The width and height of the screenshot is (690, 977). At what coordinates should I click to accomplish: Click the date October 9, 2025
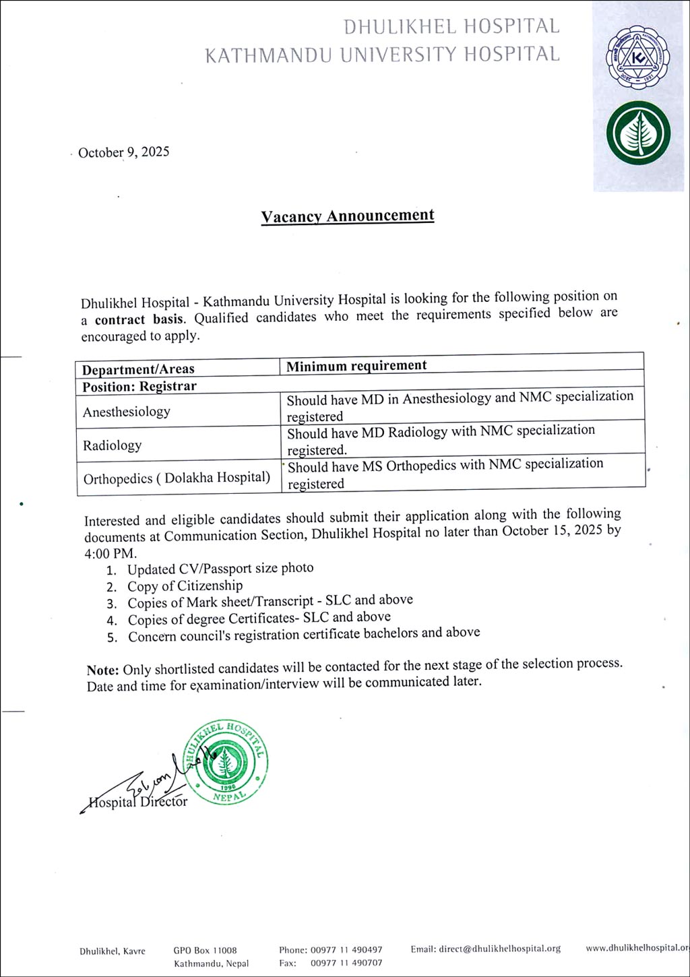tap(123, 152)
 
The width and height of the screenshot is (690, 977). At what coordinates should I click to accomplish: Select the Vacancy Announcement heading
tap(348, 216)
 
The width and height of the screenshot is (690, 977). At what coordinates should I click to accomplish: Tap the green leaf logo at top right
tap(638, 133)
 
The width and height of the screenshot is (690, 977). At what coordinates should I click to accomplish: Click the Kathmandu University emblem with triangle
tap(637, 61)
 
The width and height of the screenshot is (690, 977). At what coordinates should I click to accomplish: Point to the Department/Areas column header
tap(138, 369)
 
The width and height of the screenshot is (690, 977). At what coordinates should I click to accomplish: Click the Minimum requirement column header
tap(356, 366)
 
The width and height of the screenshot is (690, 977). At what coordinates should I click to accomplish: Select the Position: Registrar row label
tap(139, 387)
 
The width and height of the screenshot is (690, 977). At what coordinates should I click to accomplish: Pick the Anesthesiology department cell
tap(127, 412)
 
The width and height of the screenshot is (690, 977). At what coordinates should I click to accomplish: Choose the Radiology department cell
tap(113, 445)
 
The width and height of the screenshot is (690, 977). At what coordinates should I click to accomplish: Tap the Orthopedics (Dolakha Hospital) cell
tap(177, 478)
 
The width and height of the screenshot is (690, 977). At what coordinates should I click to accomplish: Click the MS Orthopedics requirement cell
tap(445, 473)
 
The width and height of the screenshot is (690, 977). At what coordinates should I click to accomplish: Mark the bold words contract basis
tap(139, 319)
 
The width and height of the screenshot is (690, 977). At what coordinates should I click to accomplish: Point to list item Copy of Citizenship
tap(185, 586)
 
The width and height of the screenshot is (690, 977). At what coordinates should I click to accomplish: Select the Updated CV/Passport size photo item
tap(220, 569)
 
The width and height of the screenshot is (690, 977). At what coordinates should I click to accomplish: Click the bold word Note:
tap(102, 670)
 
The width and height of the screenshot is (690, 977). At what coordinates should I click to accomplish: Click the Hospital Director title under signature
tap(138, 802)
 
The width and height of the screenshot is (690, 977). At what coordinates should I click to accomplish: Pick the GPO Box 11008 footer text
tap(205, 951)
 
